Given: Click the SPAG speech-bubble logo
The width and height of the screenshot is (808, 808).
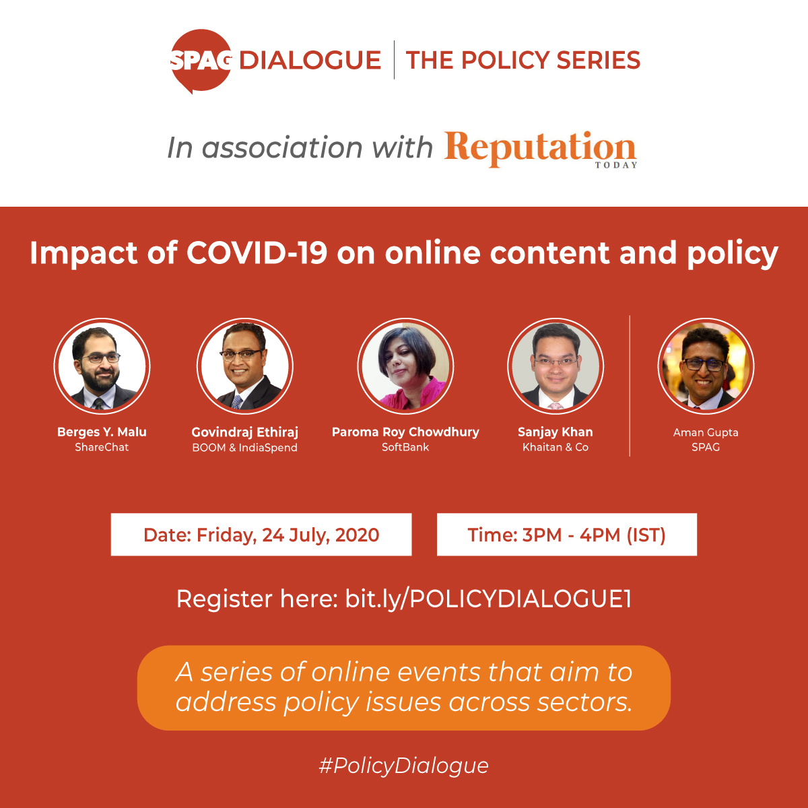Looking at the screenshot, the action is click(x=201, y=61).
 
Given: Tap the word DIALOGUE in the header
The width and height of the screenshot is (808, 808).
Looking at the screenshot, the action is click(x=310, y=60).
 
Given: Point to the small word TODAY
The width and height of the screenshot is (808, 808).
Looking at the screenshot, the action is click(x=616, y=165).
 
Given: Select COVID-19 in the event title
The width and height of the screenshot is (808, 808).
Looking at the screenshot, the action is click(x=256, y=253).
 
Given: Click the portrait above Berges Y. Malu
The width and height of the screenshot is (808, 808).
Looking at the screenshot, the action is click(x=102, y=366).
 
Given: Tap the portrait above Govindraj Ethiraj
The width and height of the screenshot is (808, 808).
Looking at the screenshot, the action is click(x=245, y=366).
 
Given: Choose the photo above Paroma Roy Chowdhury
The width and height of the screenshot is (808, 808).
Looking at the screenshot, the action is click(x=405, y=366).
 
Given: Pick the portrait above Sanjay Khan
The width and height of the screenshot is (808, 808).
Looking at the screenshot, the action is click(x=555, y=366).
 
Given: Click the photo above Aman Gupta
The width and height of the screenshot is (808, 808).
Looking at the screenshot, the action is click(x=706, y=366).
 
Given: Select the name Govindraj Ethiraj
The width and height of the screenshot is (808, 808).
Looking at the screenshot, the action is click(x=245, y=432).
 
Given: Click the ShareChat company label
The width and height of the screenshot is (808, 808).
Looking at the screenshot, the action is click(x=102, y=447).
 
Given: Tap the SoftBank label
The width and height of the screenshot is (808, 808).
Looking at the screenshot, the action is click(x=405, y=447).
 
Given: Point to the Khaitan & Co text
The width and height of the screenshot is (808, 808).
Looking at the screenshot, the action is click(x=555, y=447).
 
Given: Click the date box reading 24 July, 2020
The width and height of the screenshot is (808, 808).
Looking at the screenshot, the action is click(x=261, y=535).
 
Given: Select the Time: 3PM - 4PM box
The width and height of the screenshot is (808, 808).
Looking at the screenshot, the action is click(x=567, y=535).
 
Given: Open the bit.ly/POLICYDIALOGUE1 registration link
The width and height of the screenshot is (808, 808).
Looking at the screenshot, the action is click(x=488, y=599).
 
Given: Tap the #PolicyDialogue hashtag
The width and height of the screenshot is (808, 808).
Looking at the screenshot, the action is click(x=404, y=766).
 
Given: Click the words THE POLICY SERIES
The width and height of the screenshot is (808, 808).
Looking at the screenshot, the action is click(x=523, y=60).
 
